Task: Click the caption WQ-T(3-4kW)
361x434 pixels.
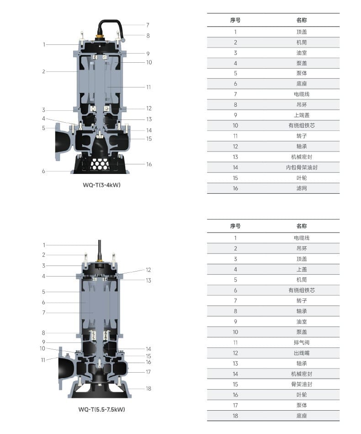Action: (x=101, y=185)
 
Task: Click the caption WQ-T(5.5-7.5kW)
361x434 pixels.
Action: (x=101, y=409)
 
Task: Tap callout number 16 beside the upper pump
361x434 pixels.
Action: (x=149, y=164)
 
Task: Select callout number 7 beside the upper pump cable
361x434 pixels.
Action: (x=148, y=25)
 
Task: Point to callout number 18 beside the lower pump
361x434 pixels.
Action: (x=149, y=389)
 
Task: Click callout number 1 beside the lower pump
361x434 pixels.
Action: (x=44, y=245)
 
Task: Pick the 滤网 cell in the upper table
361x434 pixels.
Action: (x=302, y=189)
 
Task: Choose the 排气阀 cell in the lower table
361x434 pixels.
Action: (x=302, y=342)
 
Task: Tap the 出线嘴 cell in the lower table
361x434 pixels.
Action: (x=302, y=353)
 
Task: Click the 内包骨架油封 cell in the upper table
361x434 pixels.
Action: (x=302, y=168)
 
